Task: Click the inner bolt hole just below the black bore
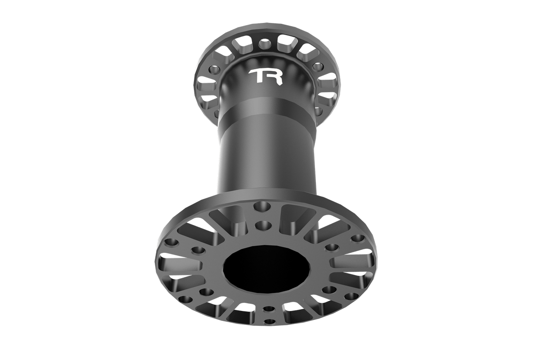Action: [x=269, y=310]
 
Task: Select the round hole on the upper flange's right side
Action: [x=318, y=67]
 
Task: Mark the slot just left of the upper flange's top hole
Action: [x=243, y=45]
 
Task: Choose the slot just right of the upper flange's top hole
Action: [x=284, y=45]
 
